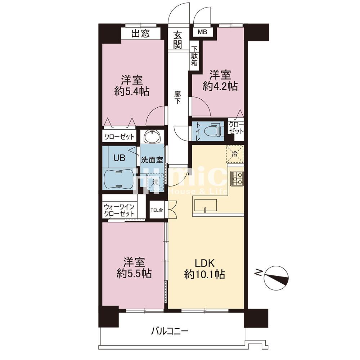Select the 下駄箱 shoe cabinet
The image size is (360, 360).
[x=194, y=56]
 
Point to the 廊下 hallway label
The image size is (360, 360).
[x=177, y=97]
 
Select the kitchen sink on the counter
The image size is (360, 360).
[x=206, y=205]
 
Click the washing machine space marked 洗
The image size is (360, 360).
[x=156, y=183]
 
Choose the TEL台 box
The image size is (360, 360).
[x=157, y=210]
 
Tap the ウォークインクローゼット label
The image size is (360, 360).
[x=119, y=210]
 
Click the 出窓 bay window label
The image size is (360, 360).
[x=140, y=33]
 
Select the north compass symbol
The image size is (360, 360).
[x=276, y=277]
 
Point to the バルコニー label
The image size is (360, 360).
[x=170, y=331]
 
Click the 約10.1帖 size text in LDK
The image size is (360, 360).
[x=204, y=274]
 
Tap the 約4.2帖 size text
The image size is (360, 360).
[x=220, y=86]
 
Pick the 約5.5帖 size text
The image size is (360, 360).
[x=134, y=274]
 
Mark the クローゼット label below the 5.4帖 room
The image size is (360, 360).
[x=119, y=137]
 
